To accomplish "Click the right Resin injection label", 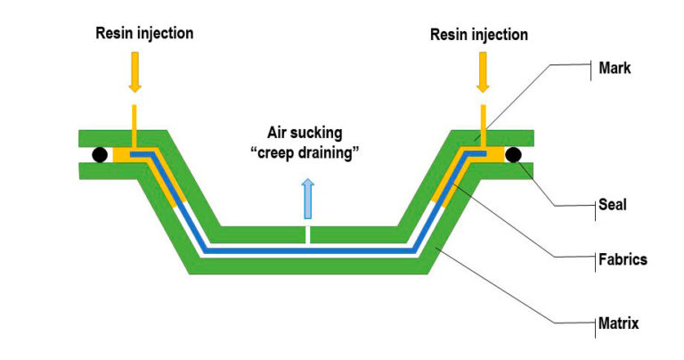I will (479, 35).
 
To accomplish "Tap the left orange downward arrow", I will (134, 75).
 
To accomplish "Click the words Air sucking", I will (307, 137).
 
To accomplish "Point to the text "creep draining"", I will (307, 156).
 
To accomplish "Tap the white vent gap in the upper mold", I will (307, 235).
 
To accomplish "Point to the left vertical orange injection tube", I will (134, 123).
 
